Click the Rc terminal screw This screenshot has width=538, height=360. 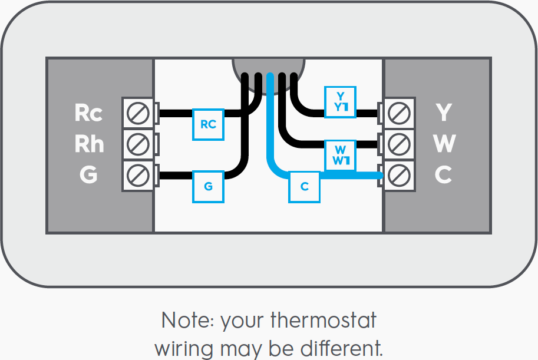[x=138, y=113]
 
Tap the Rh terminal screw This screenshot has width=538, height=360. [x=138, y=143]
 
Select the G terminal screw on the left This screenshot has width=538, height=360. [x=138, y=175]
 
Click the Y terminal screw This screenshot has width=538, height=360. [x=400, y=113]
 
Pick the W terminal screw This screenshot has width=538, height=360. [x=400, y=143]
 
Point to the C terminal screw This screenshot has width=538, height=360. [x=400, y=175]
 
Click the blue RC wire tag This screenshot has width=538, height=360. [x=208, y=124]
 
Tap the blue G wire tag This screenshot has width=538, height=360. [x=208, y=187]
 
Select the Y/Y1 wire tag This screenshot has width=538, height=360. [x=340, y=101]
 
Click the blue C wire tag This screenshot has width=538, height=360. [x=304, y=187]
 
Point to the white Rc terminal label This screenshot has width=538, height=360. [x=88, y=113]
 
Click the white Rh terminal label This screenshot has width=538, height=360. [x=89, y=143]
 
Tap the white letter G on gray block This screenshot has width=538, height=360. [x=88, y=175]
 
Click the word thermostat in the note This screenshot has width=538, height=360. [x=323, y=322]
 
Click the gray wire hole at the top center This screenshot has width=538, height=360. [x=269, y=65]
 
